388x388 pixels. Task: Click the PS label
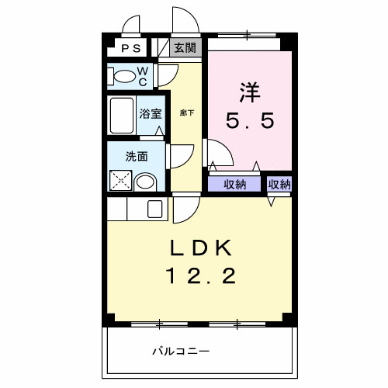130,48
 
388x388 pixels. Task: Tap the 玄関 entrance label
185,47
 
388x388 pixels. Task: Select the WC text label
144,74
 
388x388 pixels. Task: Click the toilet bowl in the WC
124,77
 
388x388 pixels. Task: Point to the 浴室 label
151,114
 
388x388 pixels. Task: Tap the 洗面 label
137,155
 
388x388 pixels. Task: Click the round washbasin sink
145,182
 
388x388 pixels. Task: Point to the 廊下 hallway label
187,113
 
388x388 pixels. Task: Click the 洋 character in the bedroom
249,91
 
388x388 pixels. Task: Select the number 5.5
249,122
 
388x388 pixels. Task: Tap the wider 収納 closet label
235,184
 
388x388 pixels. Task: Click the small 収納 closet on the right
279,184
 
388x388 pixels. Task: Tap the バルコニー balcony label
180,352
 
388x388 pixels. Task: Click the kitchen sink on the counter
154,209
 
